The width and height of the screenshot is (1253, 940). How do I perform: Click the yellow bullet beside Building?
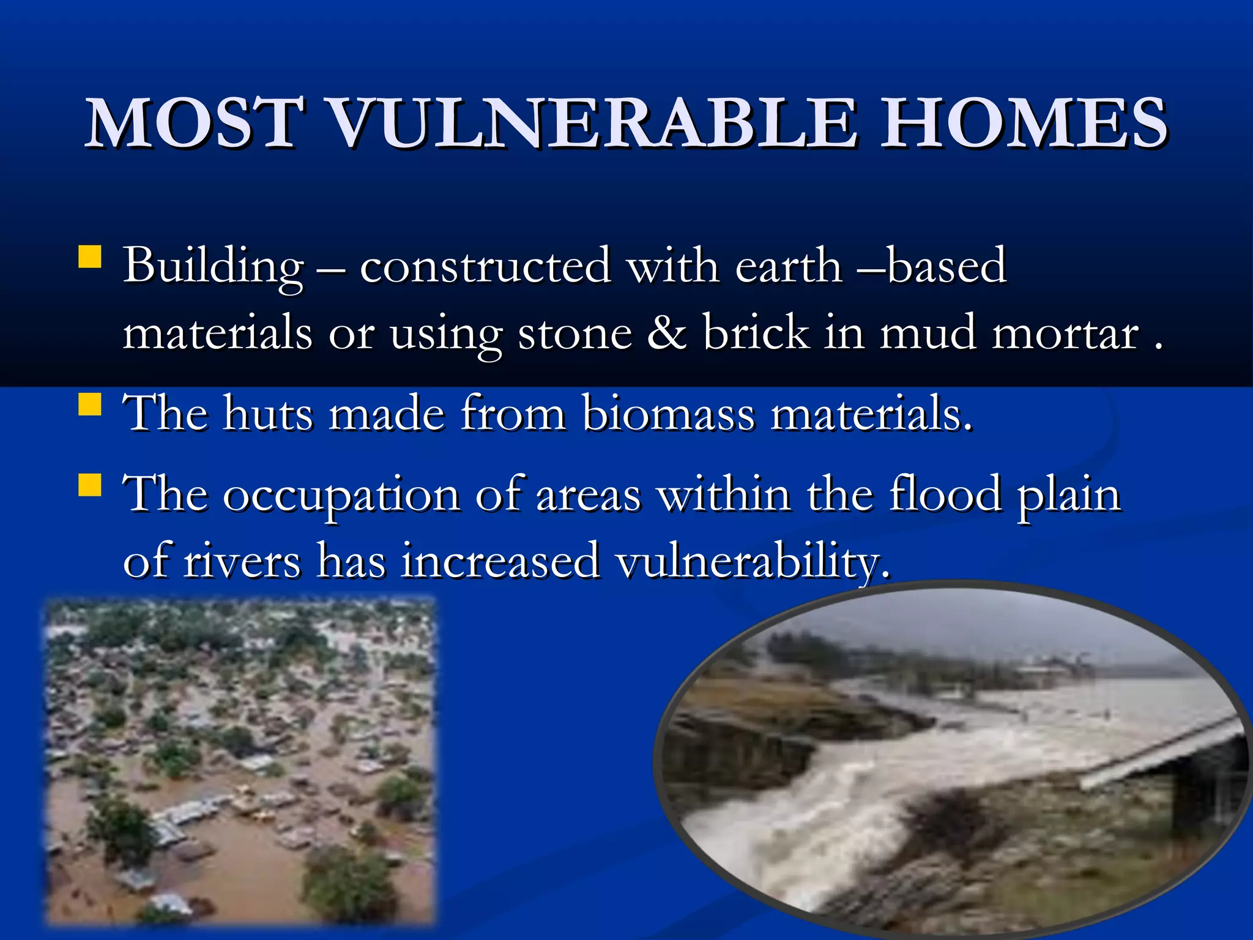click(x=90, y=257)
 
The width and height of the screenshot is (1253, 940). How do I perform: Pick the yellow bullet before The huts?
click(x=90, y=405)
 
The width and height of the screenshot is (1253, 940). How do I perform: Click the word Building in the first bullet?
click(x=214, y=267)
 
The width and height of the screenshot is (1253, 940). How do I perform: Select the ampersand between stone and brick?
click(x=666, y=333)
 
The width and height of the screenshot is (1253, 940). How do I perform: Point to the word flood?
click(x=945, y=494)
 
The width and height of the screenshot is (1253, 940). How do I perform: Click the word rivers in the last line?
click(x=242, y=561)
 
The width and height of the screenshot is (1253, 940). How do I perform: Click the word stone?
click(x=574, y=334)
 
